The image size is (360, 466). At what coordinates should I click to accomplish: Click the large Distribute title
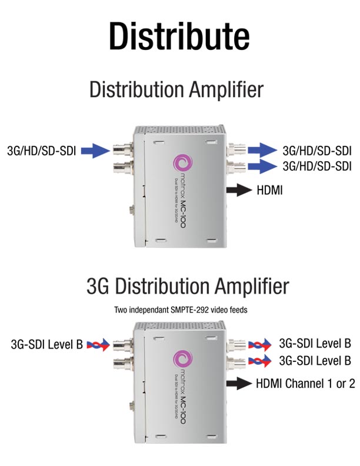(179, 36)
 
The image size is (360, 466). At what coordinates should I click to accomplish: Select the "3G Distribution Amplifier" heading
(188, 287)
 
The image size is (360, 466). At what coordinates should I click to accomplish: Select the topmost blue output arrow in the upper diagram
(261, 149)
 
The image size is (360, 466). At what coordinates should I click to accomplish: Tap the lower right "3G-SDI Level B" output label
(315, 360)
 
